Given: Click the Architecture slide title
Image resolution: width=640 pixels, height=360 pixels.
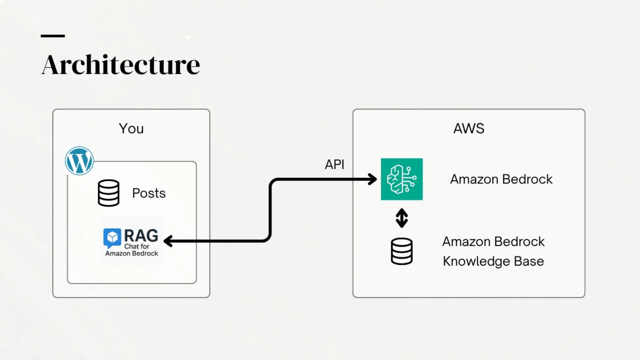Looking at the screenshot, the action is click(121, 65).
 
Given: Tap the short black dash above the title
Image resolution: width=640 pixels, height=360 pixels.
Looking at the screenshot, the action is click(53, 36).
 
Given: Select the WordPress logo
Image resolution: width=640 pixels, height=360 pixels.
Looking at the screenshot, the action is click(79, 161).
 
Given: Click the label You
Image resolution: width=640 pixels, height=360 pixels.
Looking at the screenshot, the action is click(131, 129).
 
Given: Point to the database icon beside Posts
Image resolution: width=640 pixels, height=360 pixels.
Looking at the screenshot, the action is click(109, 193).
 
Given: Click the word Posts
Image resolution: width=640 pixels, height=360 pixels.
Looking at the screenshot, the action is click(149, 193).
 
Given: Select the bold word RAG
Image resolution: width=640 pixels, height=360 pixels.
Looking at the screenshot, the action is click(141, 235).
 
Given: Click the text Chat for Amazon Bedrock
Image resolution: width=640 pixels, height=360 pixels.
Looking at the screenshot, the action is click(132, 250).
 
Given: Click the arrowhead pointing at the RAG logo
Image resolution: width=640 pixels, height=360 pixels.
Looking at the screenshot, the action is click(168, 242).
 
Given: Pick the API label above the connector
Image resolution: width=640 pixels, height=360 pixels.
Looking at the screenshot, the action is click(334, 165).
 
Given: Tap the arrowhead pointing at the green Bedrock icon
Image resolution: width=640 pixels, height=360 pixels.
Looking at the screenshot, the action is click(373, 180).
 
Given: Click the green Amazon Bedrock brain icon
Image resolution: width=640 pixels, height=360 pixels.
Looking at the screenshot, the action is click(402, 179).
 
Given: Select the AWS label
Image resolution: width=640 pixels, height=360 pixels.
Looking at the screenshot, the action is click(468, 129).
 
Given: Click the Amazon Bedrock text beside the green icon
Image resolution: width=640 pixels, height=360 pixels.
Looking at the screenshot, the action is click(501, 179).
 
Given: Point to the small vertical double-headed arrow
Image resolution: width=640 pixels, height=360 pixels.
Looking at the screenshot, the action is click(402, 218).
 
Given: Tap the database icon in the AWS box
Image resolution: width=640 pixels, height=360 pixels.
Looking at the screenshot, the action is click(402, 251).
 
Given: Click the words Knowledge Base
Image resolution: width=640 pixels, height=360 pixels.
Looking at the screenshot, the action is click(493, 261).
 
